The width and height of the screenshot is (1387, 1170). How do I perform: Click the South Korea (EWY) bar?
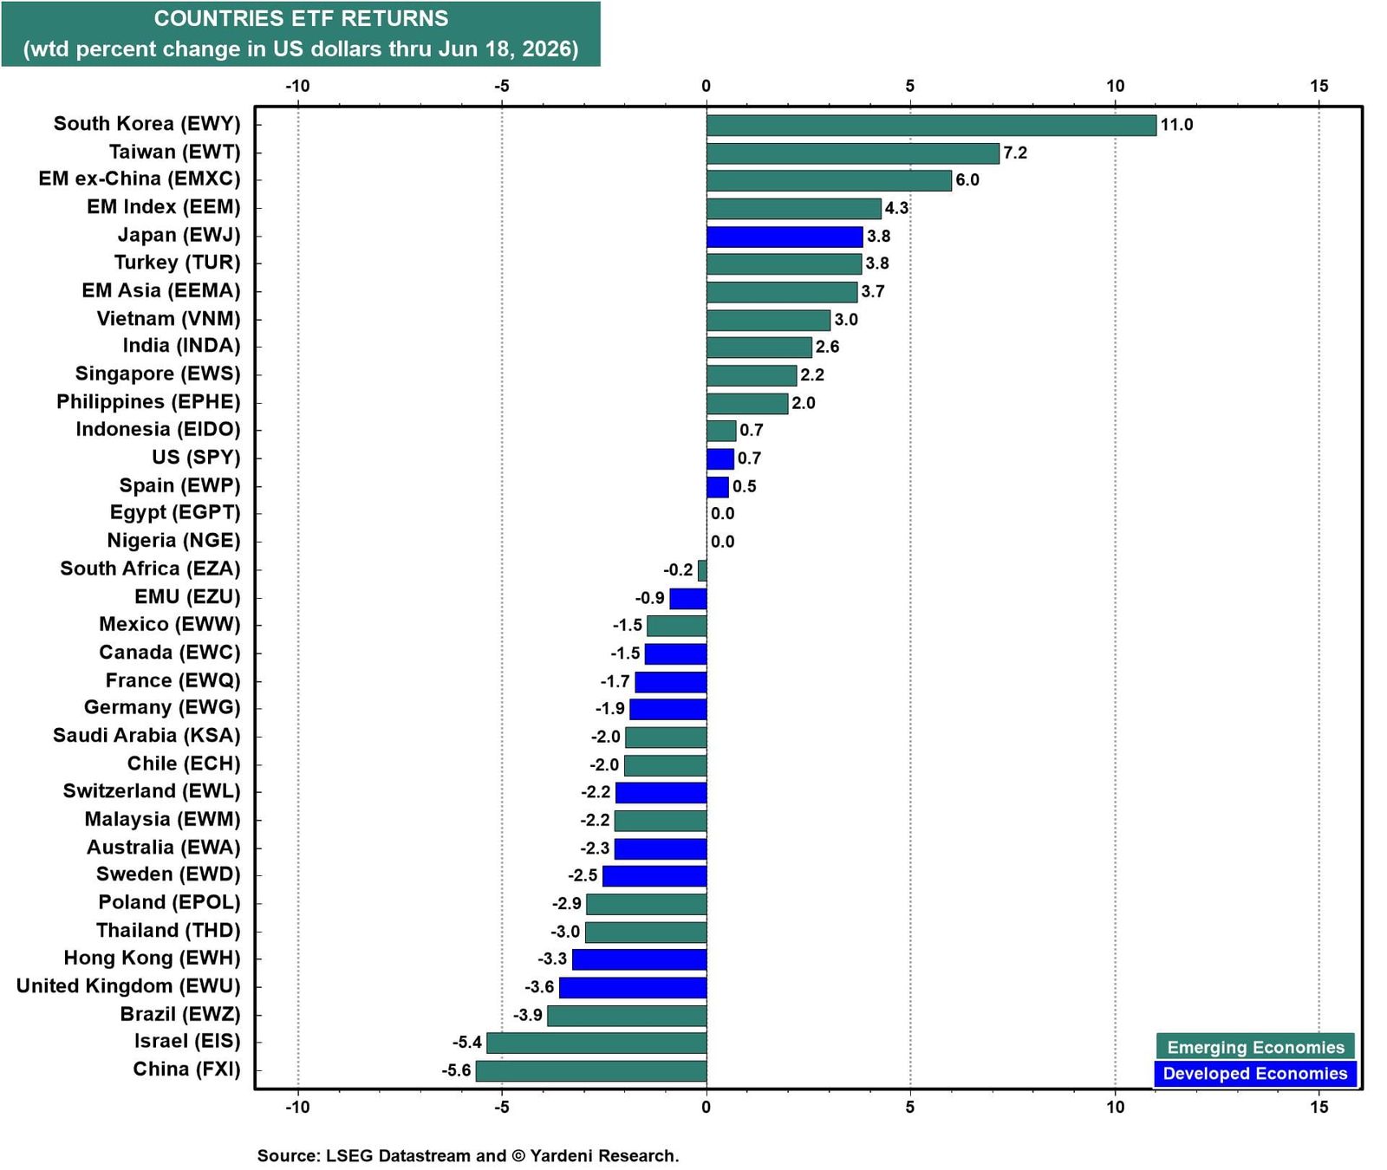931,126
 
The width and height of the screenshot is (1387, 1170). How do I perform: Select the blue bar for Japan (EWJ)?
785,237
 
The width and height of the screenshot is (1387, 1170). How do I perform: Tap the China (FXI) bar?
591,1070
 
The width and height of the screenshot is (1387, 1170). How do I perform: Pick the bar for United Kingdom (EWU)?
633,987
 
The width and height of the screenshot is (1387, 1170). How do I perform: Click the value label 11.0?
1176,125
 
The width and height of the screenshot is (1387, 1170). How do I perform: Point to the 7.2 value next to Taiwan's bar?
1015,153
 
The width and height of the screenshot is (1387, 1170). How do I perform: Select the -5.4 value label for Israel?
466,1043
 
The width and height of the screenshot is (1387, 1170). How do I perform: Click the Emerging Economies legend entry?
1255,1047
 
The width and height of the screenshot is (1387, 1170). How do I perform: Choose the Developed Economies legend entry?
1255,1074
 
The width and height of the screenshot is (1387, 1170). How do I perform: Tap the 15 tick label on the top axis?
1319,86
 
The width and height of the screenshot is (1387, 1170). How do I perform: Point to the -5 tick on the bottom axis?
501,1107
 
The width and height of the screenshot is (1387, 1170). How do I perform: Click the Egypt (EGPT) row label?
175,513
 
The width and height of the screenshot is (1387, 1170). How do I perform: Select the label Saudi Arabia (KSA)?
147,736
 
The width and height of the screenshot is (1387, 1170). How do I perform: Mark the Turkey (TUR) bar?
784,264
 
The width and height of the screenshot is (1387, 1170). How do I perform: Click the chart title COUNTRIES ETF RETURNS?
301,18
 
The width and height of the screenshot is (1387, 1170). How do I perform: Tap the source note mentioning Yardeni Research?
468,1155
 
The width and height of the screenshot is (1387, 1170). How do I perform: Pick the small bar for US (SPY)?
720,458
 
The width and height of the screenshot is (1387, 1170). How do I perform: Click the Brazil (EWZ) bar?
627,1015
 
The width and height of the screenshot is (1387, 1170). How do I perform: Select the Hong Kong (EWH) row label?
152,959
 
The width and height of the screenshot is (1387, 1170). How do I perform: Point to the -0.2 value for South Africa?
678,570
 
